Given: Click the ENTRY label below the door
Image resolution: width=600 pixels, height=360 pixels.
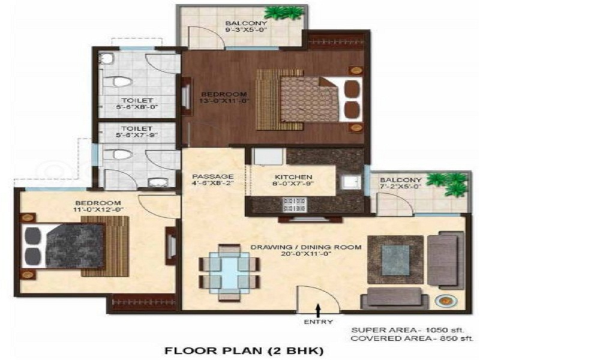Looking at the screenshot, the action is click(318, 322).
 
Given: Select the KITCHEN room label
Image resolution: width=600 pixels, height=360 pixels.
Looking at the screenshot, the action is click(293, 177).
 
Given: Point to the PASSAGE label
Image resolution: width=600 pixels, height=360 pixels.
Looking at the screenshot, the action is click(213, 176).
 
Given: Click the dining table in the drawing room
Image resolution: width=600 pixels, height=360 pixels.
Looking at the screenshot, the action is click(230, 272).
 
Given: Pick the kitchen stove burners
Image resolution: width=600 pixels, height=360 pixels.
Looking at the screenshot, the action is click(294, 204).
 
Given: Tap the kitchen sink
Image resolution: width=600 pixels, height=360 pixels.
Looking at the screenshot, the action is click(351, 181).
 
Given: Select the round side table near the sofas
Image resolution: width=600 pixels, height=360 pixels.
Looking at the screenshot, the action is click(445, 301).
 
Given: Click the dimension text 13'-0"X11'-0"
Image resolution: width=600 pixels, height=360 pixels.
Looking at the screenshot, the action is click(224, 101).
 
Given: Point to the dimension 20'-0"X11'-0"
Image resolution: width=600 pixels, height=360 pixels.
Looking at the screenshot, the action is click(306, 254).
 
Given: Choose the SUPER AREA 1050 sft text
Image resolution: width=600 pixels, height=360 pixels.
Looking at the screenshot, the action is click(407, 330).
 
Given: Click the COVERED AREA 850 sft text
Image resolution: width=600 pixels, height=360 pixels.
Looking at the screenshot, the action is click(412, 338).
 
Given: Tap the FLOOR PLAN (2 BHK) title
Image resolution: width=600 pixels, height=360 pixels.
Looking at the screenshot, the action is click(244, 350).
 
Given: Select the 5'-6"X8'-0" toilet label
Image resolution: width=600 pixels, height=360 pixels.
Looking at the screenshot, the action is click(137, 104).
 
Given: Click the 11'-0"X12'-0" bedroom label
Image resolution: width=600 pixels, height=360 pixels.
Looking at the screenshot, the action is click(98, 206).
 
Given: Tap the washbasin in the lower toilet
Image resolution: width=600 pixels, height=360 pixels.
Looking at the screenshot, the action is click(156, 182).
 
